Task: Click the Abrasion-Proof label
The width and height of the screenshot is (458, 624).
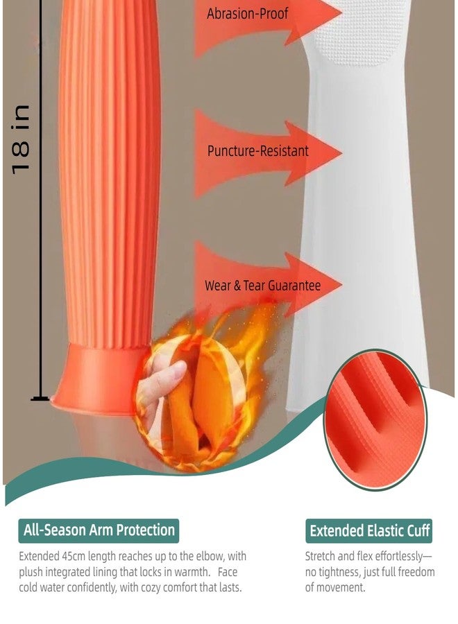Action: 247,14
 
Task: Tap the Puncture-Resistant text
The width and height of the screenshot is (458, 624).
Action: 257,151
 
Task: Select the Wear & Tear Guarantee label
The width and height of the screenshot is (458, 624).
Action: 262,286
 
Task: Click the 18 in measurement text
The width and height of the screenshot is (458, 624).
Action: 21,139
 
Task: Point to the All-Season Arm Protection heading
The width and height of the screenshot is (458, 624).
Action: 99,530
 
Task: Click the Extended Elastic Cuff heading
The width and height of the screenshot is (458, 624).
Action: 369,531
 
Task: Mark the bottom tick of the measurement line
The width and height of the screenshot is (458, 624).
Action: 40,399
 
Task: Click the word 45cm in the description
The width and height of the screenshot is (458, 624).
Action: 74,556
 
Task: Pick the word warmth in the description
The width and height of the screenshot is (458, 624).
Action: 191,572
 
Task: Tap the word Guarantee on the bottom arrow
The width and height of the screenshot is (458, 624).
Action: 294,286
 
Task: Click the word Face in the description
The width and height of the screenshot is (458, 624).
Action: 228,572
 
